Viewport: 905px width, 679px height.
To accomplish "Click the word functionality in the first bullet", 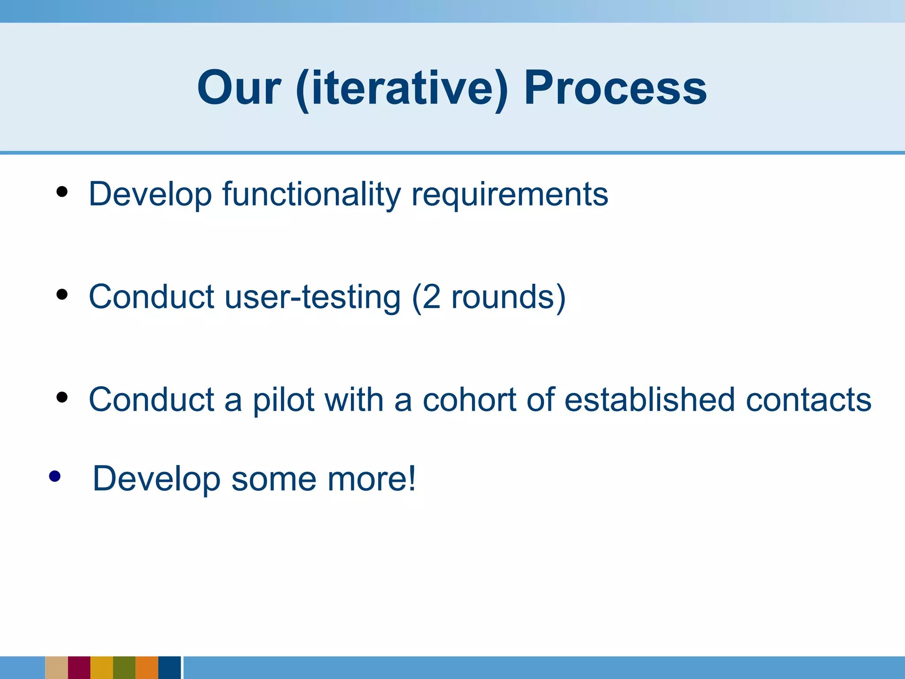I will pyautogui.click(x=311, y=195).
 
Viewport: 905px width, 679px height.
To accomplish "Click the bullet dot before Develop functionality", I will pyautogui.click(x=62, y=192).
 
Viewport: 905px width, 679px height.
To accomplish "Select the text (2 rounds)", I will pyautogui.click(x=489, y=297).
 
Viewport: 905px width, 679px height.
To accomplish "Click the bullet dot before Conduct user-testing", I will pyautogui.click(x=62, y=294).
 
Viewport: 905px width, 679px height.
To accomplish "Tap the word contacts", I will pyautogui.click(x=809, y=400).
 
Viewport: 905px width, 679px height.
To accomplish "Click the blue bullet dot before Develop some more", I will pyautogui.click(x=55, y=476).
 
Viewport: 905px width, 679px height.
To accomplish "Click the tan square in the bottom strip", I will pyautogui.click(x=57, y=668).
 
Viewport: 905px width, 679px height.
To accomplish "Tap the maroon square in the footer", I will pyautogui.click(x=79, y=668).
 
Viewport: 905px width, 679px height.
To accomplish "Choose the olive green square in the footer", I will pyautogui.click(x=124, y=668).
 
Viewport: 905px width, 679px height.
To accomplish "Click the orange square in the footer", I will pyautogui.click(x=147, y=668).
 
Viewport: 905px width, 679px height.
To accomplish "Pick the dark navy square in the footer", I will pyautogui.click(x=170, y=668).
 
